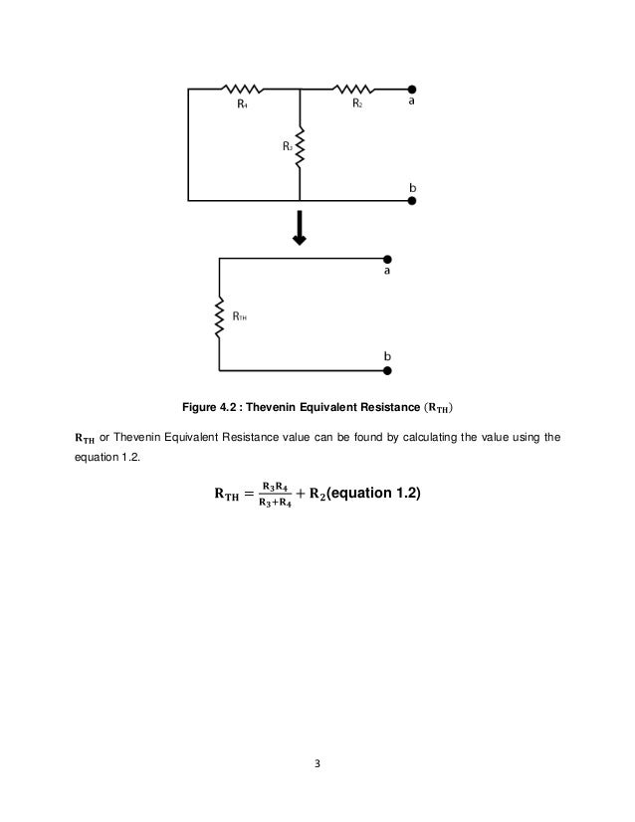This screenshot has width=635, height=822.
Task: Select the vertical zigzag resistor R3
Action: tap(300, 149)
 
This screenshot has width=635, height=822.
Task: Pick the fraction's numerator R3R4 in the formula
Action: tap(277, 485)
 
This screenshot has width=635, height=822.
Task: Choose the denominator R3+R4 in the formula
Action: tap(277, 500)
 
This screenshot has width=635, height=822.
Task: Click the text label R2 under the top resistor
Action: tap(357, 103)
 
